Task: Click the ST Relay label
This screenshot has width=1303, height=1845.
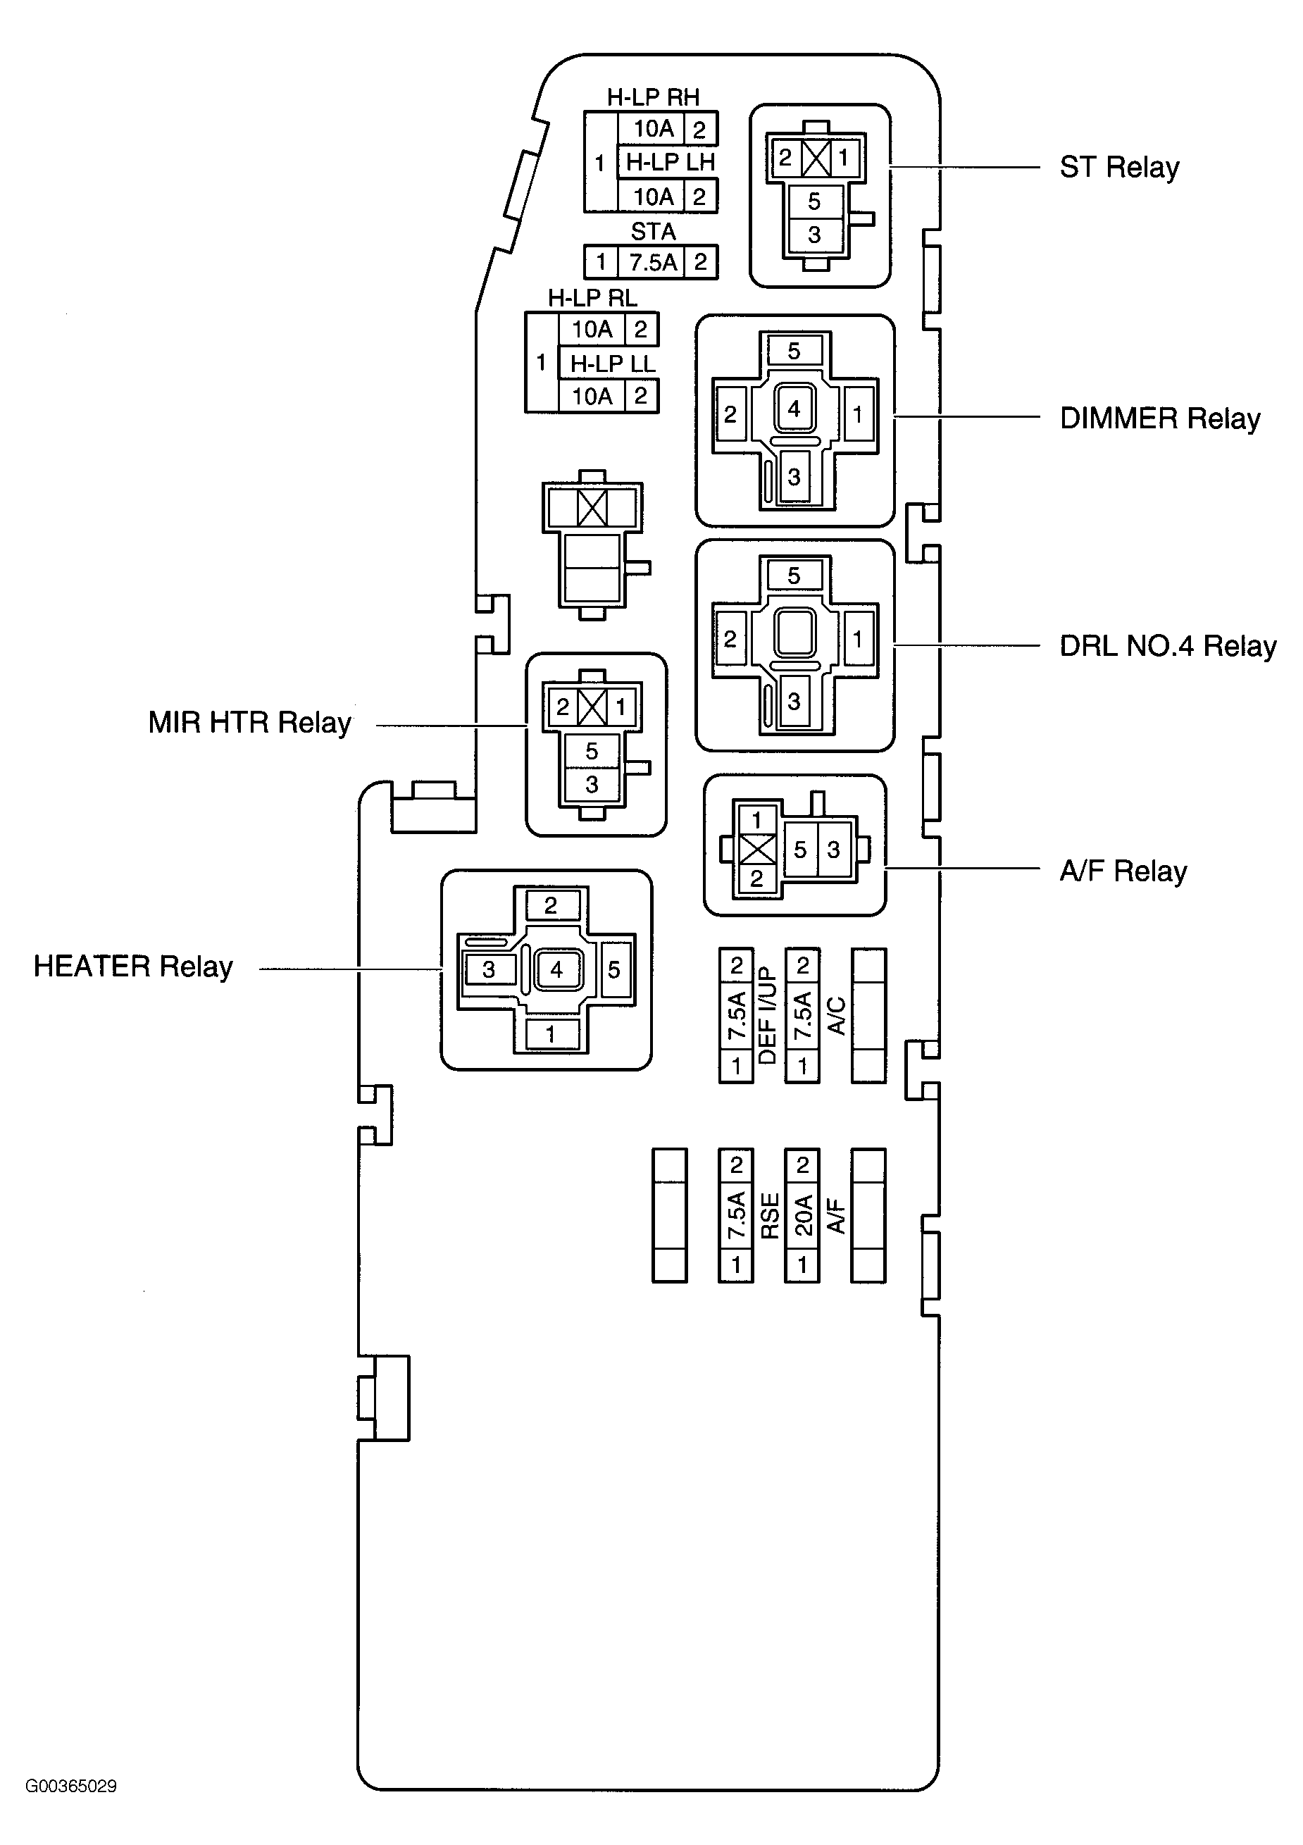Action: pos(1119,168)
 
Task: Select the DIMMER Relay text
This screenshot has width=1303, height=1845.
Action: pos(1160,418)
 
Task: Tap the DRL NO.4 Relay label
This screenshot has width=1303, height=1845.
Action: pos(1168,646)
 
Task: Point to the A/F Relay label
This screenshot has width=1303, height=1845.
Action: pos(1123,871)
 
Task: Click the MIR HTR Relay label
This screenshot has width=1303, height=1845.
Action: pos(250,722)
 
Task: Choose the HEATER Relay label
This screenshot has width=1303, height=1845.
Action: pos(133,966)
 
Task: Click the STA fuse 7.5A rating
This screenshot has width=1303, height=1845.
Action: pos(653,262)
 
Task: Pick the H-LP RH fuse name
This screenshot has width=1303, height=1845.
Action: pos(653,97)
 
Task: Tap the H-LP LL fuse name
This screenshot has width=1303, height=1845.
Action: pos(613,364)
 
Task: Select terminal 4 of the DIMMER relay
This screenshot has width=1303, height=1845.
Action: pos(794,409)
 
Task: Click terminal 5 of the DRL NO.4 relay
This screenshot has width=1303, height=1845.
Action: pos(794,576)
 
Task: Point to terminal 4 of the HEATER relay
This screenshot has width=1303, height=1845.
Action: pos(556,970)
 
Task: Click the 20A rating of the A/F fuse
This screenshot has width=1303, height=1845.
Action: pos(802,1215)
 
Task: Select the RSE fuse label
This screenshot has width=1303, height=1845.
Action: pos(770,1216)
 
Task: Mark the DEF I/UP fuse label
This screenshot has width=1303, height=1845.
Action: pos(769,1016)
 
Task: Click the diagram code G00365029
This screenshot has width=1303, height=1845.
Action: pos(72,1787)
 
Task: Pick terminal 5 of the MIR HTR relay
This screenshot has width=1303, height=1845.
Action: pos(592,752)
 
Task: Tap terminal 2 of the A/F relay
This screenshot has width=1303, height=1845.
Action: pos(756,879)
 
